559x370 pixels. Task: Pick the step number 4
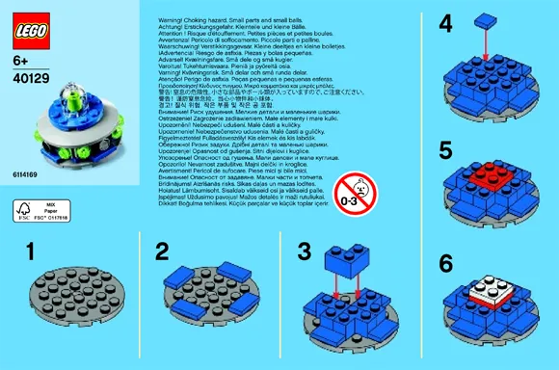coord(417,20)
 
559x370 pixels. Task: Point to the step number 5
coord(417,149)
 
